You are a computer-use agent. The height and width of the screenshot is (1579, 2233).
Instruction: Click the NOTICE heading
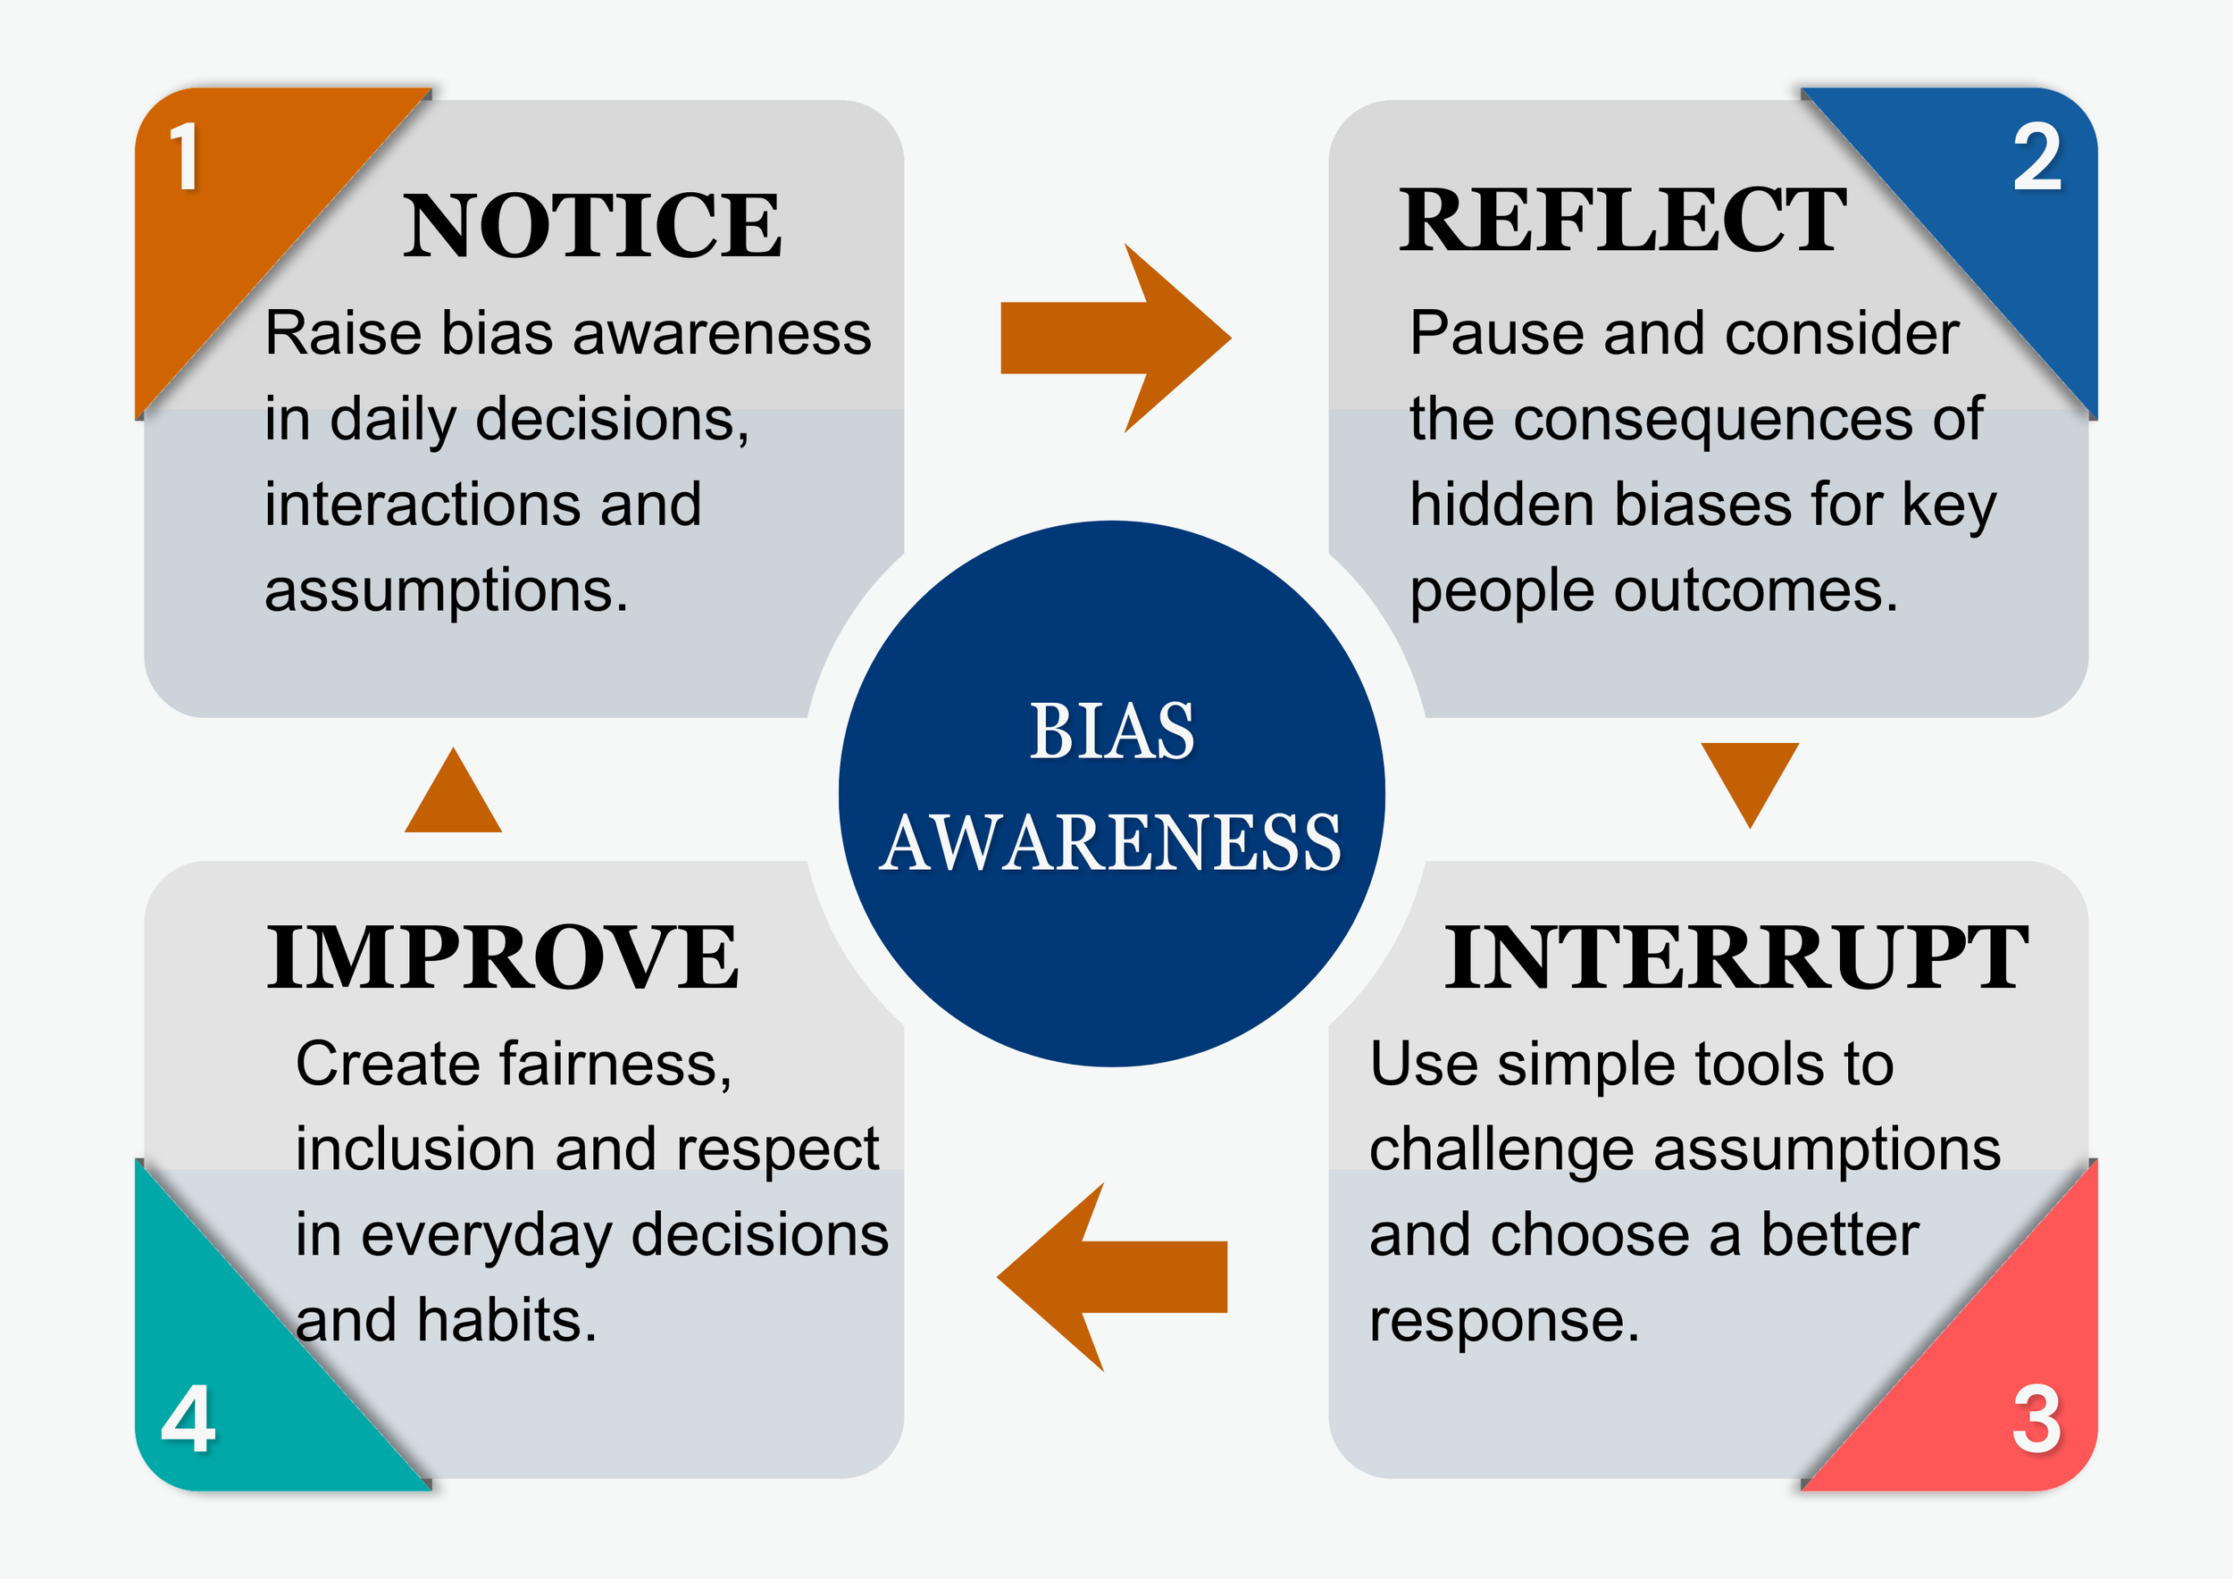point(591,226)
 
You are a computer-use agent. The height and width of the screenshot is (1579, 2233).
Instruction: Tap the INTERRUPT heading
point(1735,957)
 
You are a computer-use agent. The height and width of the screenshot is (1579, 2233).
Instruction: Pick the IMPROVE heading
point(503,957)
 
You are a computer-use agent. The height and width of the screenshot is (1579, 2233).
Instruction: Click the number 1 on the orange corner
point(185,157)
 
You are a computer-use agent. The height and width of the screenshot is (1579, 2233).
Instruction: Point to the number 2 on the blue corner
point(2036,157)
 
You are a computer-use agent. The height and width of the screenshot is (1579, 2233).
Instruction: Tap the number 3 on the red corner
point(2036,1419)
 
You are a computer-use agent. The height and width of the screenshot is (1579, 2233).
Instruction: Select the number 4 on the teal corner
point(188,1419)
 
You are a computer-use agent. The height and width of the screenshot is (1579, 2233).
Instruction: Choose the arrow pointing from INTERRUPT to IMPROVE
point(1113,1276)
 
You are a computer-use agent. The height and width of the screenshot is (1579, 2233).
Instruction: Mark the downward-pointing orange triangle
point(1750,778)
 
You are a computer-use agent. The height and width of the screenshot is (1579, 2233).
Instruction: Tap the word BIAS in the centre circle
point(1112,731)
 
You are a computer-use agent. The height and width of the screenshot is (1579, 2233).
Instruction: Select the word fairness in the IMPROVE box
point(615,1064)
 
